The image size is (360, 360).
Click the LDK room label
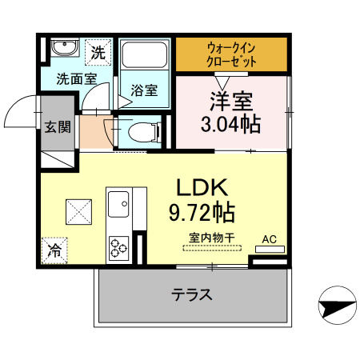click(x=203, y=188)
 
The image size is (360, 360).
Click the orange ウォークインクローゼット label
click(x=232, y=54)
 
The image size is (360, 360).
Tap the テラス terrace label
click(x=192, y=294)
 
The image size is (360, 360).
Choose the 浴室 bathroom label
click(x=144, y=90)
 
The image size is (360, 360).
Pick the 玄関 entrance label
click(x=57, y=126)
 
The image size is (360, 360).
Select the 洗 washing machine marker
click(x=96, y=54)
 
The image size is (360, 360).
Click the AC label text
click(x=270, y=238)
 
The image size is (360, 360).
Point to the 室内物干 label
click(x=211, y=237)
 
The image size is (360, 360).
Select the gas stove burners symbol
click(x=119, y=246)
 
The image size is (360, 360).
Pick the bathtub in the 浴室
click(x=144, y=58)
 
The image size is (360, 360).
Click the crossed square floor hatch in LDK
click(x=80, y=211)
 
